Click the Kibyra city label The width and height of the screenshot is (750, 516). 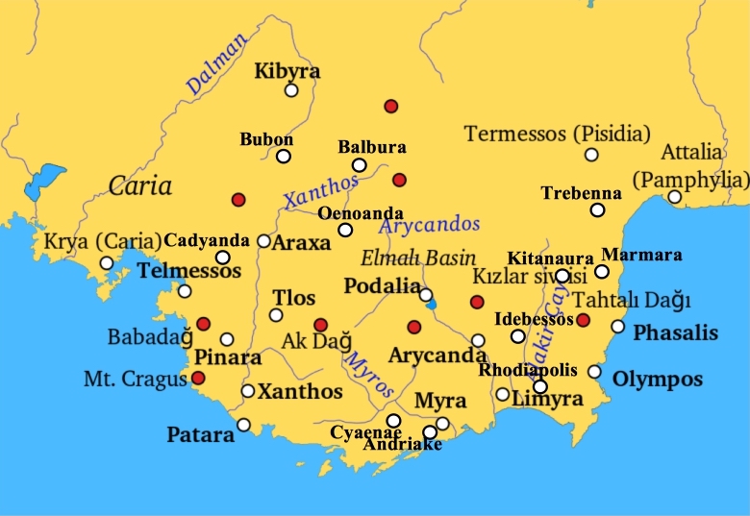(x=287, y=71)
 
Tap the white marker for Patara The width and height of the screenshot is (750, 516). (x=243, y=425)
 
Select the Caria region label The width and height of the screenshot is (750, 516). (x=139, y=185)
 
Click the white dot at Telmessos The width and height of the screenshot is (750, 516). (x=185, y=291)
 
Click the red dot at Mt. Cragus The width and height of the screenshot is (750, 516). (x=198, y=378)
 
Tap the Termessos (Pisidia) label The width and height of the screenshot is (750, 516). (x=558, y=134)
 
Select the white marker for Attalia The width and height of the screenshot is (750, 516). (x=675, y=197)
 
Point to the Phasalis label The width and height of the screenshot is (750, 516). (x=676, y=332)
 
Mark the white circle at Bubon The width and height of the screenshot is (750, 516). (x=284, y=157)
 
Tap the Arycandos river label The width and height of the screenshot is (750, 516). (x=429, y=225)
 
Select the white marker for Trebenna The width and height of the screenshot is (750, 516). (x=598, y=209)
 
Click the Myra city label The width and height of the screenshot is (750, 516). (x=440, y=400)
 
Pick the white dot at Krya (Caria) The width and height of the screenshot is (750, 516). (x=107, y=263)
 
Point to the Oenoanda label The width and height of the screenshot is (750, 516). (x=346, y=212)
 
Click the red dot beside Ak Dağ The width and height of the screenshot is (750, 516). (x=321, y=325)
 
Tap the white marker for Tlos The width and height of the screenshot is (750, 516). (x=276, y=315)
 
